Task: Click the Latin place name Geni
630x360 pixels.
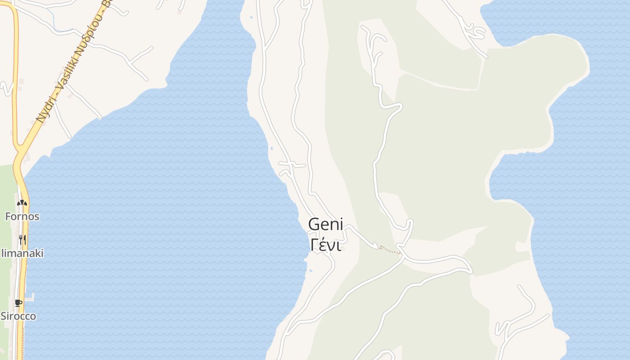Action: coord(325,224)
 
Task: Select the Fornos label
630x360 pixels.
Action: coord(22,216)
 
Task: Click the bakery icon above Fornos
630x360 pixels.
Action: coord(22,203)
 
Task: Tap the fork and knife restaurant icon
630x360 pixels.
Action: coord(22,239)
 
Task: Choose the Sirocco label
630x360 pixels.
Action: coord(18,316)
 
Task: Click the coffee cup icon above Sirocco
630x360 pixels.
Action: coord(18,302)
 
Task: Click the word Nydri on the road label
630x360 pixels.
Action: coord(47,108)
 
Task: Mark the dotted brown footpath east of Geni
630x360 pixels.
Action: coord(390,249)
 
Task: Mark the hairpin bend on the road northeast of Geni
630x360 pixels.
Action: coord(409,222)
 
